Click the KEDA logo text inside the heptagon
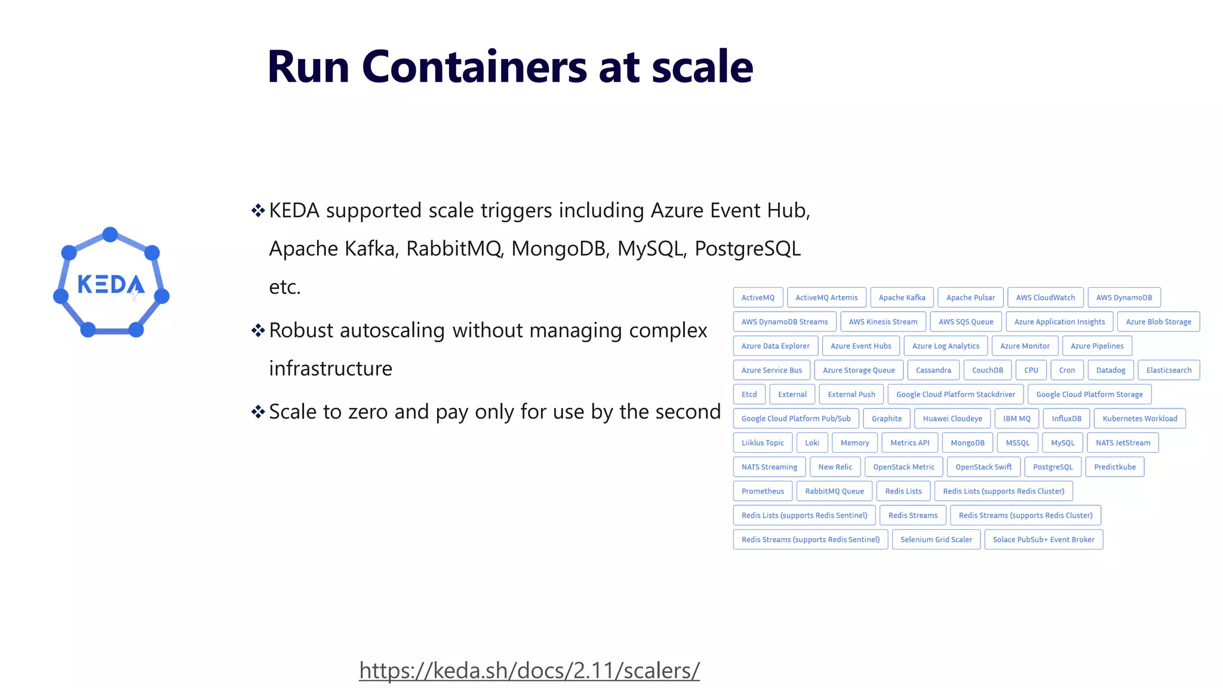click(110, 285)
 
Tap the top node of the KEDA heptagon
click(110, 234)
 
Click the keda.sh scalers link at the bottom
click(529, 670)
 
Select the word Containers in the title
click(474, 67)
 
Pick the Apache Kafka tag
click(902, 297)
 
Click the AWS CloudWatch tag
click(1045, 297)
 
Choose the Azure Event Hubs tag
click(861, 346)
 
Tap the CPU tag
click(1031, 370)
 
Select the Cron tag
click(1067, 370)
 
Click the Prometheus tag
click(763, 491)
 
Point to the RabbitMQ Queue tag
click(834, 491)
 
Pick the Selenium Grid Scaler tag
click(936, 539)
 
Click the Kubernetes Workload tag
click(1139, 419)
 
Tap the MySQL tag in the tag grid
click(1062, 443)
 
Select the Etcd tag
click(749, 394)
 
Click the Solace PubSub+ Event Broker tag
click(1043, 539)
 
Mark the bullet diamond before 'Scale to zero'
click(258, 411)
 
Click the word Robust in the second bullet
click(301, 330)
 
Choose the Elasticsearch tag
click(1168, 370)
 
